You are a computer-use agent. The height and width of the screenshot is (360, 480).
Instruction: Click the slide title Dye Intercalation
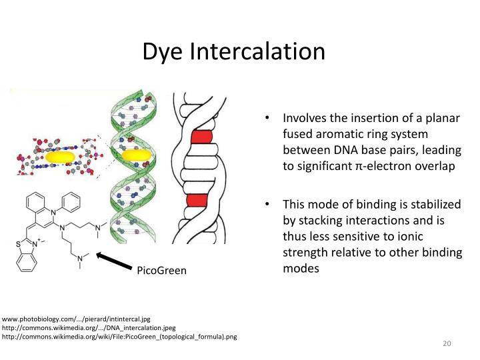pos(233,51)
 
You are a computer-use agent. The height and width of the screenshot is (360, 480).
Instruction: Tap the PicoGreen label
pos(162,271)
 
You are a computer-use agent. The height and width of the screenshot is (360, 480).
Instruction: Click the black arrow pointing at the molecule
pos(114,260)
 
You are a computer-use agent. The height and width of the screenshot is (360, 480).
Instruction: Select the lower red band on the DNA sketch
pos(197,199)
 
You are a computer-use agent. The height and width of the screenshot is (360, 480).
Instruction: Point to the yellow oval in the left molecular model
pos(61,157)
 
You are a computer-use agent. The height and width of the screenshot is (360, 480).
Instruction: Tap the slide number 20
pos(447,343)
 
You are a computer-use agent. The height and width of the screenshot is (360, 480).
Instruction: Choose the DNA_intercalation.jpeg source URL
pos(89,327)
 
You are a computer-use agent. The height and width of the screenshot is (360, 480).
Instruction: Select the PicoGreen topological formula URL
pos(119,336)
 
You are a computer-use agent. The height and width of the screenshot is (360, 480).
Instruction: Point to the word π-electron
pos(376,167)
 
